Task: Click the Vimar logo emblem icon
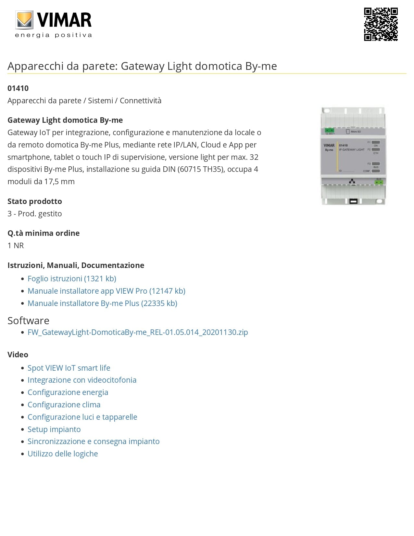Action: tap(24, 20)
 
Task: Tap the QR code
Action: tap(381, 24)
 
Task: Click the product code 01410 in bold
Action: tap(18, 88)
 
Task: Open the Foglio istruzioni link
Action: tap(72, 279)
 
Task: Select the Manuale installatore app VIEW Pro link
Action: tap(107, 291)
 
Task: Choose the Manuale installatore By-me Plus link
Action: tap(102, 303)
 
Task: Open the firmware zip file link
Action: tap(138, 332)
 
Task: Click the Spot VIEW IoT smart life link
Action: tap(69, 368)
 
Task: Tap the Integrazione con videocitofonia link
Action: tap(82, 380)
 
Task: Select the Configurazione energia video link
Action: tap(68, 392)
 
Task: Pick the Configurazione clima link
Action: tap(64, 405)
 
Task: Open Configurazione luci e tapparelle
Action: tap(82, 417)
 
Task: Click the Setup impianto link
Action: tap(54, 429)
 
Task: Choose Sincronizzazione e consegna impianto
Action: tap(94, 441)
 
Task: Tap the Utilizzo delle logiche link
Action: tap(63, 454)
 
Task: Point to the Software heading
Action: tap(29, 321)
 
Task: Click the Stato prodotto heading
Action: tap(35, 201)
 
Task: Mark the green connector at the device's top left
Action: tap(330, 131)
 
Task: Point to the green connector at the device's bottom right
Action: tap(378, 182)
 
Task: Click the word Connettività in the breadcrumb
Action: tap(141, 101)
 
